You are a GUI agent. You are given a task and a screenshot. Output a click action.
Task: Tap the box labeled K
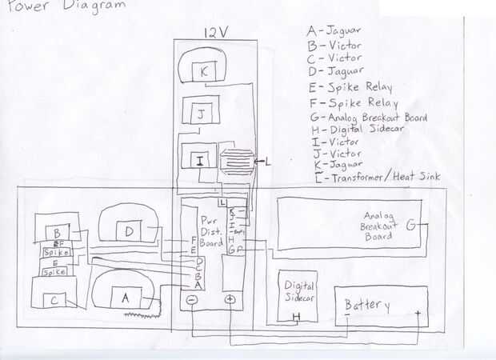click(x=204, y=71)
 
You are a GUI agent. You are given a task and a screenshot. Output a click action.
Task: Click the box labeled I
click(x=198, y=160)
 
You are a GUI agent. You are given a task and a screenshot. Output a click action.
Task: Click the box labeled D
click(x=129, y=232)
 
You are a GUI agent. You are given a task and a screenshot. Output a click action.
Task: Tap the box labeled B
click(x=57, y=234)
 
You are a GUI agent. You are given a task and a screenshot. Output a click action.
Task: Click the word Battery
click(x=367, y=306)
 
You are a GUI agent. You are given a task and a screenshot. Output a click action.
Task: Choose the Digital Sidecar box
click(x=297, y=294)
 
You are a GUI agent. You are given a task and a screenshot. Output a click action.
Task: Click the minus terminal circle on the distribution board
click(x=193, y=300)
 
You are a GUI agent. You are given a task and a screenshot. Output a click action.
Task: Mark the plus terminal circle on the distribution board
click(x=229, y=300)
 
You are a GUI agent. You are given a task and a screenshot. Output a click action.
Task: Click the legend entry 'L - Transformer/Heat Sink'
click(x=373, y=177)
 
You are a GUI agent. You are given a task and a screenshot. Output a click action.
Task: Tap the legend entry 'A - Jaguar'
click(x=334, y=30)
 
